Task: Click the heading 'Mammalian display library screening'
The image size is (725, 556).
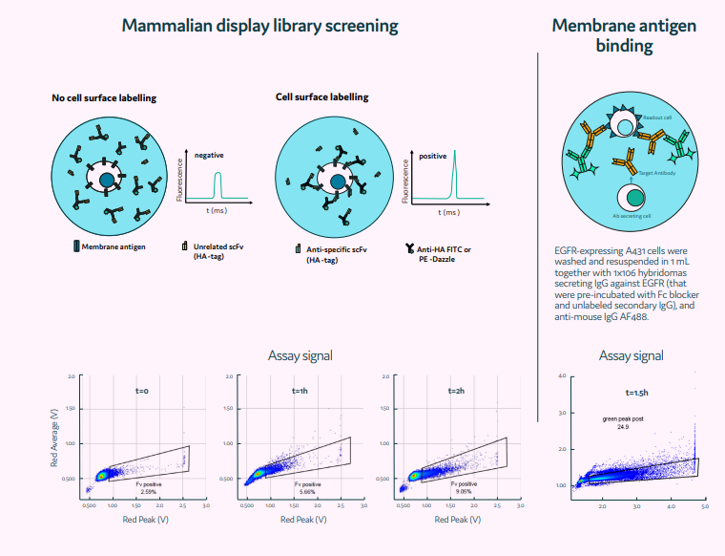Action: pos(259,26)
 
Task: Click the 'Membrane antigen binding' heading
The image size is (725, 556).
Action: pos(625,34)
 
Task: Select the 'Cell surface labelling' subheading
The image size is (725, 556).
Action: pos(321,97)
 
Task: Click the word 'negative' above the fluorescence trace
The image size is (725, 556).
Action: pos(210,154)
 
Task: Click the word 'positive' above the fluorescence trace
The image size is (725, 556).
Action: pos(433,155)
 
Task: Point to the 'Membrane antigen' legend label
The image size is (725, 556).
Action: pos(113,246)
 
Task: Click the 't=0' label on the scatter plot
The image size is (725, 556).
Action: pos(142,391)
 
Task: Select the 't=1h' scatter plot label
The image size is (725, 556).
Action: pos(300,391)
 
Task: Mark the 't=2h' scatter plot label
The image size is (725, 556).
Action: pos(457,391)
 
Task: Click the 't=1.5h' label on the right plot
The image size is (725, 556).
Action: pos(636,392)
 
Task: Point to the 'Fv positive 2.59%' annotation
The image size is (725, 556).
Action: pos(148,487)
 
